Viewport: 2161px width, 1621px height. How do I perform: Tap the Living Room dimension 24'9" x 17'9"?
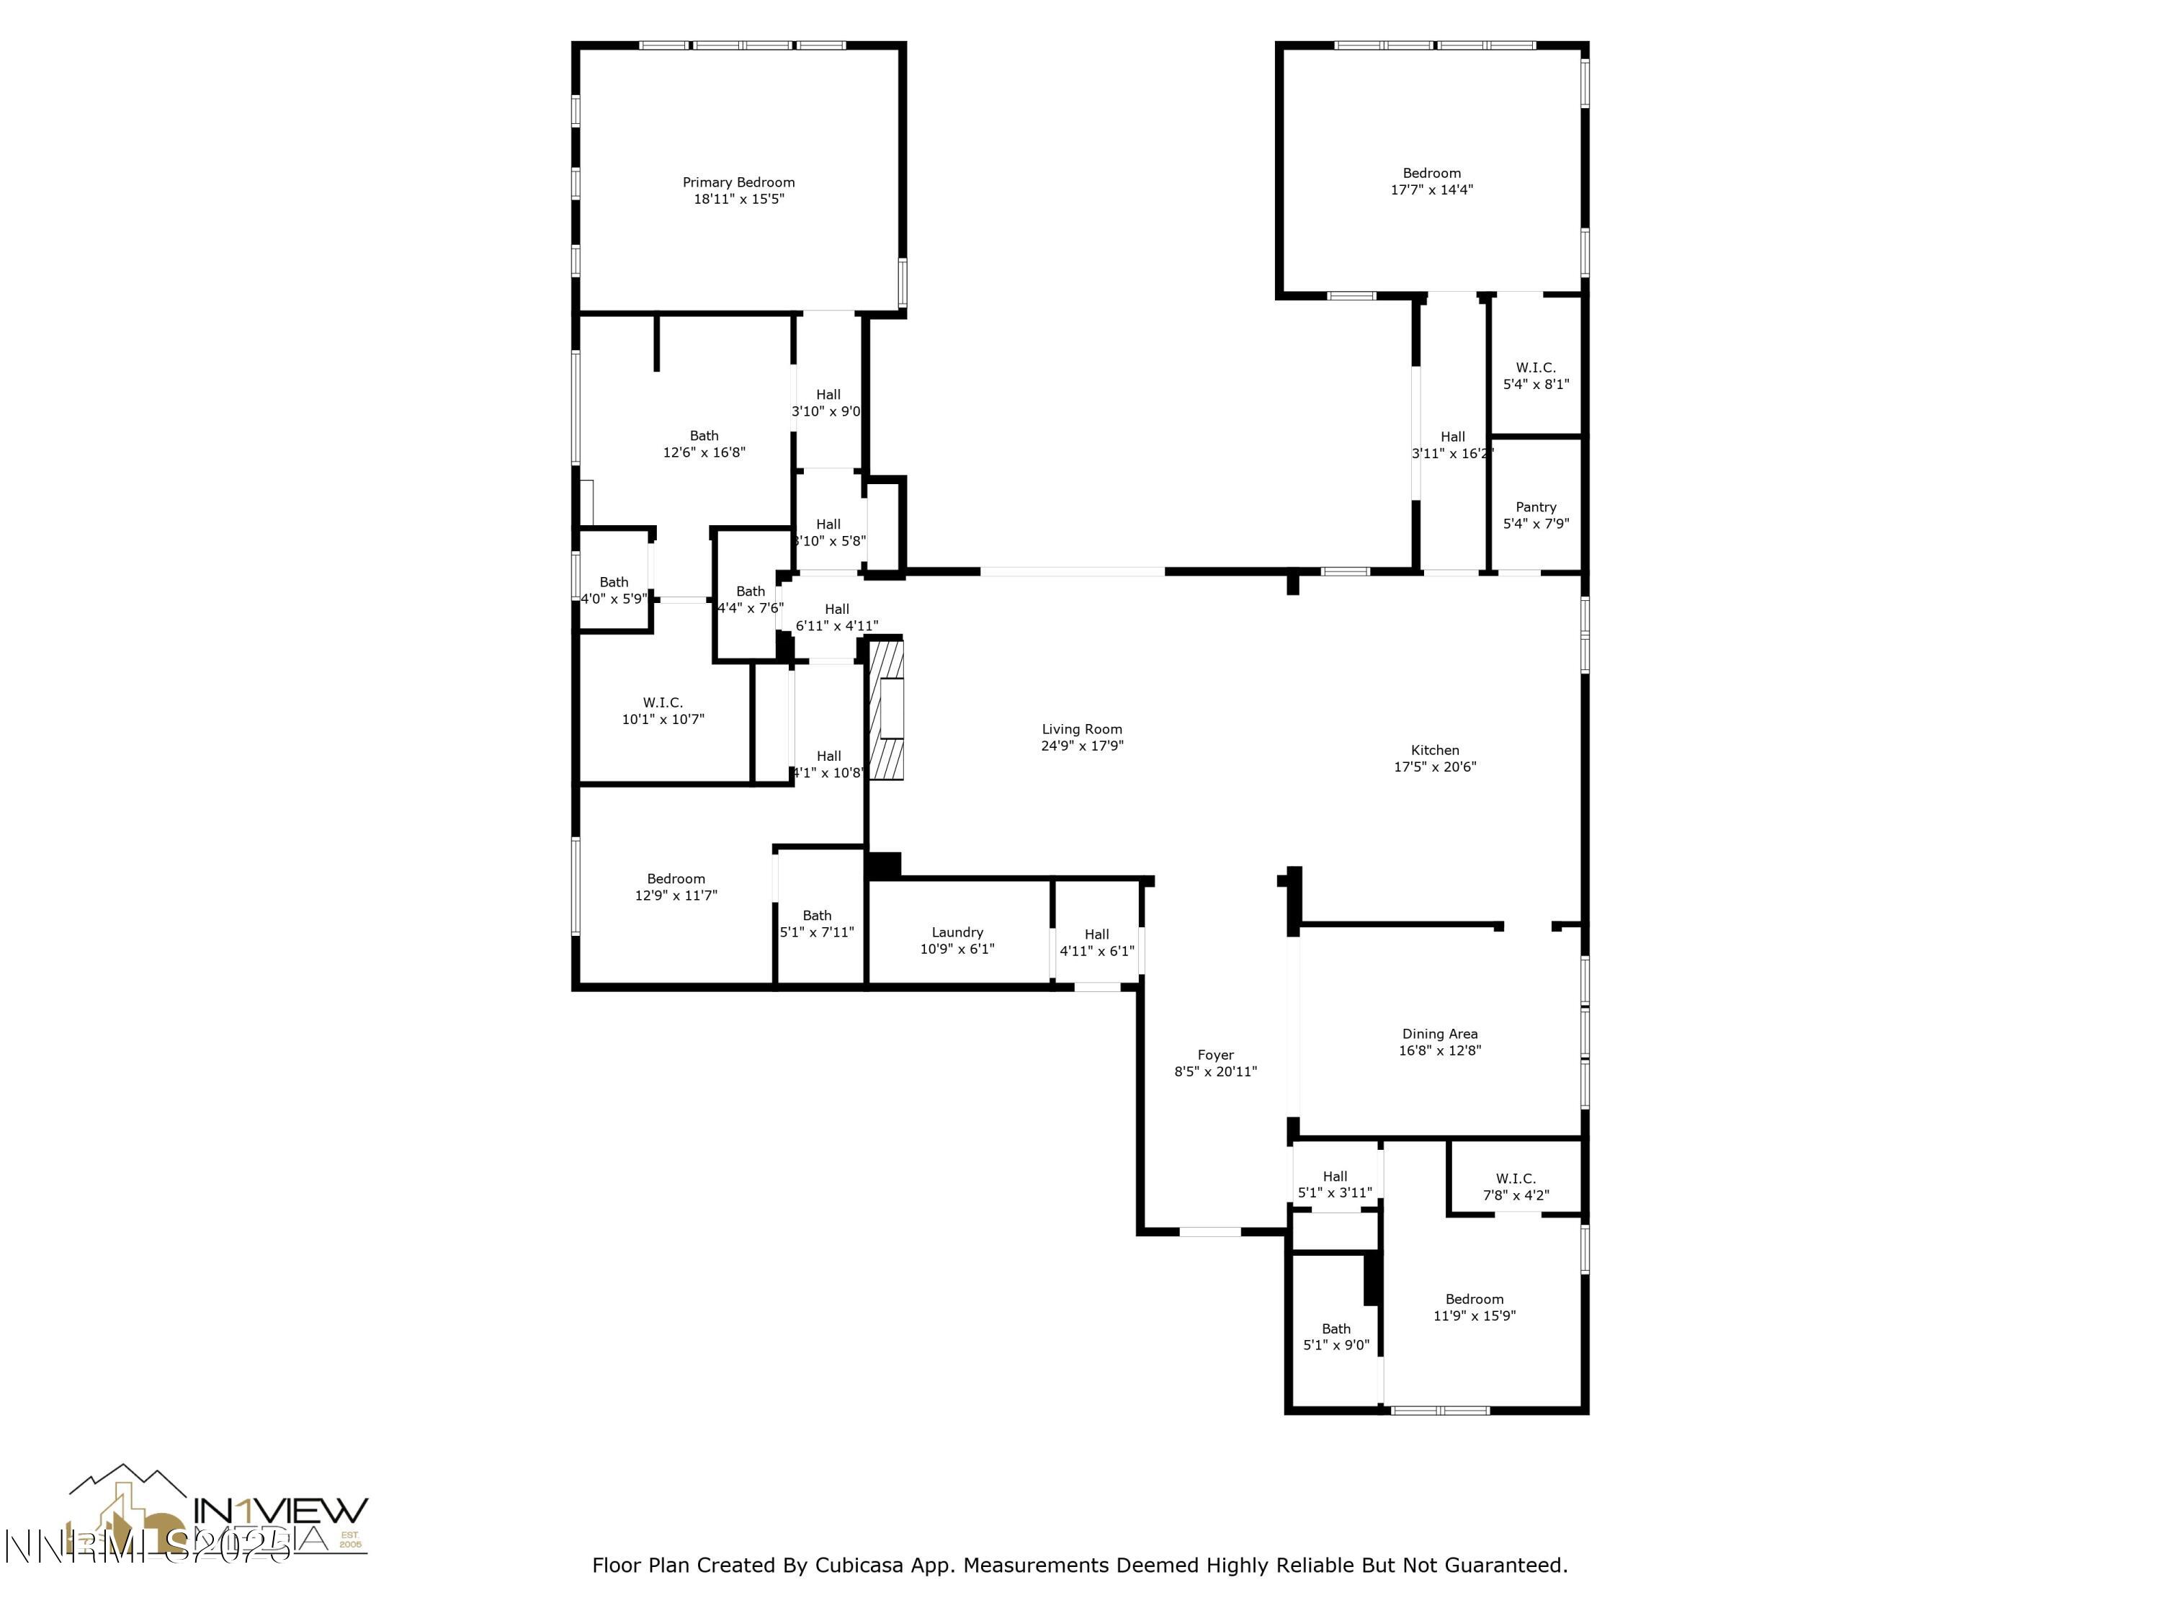(x=1081, y=746)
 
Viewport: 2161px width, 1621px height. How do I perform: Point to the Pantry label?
(x=1535, y=507)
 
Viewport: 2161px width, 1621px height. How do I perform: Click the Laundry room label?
(x=957, y=932)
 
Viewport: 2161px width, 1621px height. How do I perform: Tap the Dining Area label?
(x=1439, y=1034)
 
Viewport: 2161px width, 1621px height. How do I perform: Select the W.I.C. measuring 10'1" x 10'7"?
(x=663, y=710)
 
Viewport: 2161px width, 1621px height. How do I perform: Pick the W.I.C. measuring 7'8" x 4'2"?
(x=1516, y=1186)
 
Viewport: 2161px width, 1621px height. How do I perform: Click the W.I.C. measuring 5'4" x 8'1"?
(x=1535, y=375)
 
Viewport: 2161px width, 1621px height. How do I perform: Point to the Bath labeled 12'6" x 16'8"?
(x=703, y=444)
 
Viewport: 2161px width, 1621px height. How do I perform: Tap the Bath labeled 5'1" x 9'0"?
(x=1335, y=1336)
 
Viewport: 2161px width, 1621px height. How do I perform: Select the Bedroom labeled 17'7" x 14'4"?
(x=1431, y=181)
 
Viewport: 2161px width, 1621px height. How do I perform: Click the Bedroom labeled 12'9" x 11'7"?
(x=675, y=886)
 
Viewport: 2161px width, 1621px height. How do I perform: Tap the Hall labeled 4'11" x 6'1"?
(x=1096, y=942)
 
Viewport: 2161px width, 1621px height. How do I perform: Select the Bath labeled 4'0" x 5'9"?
(x=614, y=590)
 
